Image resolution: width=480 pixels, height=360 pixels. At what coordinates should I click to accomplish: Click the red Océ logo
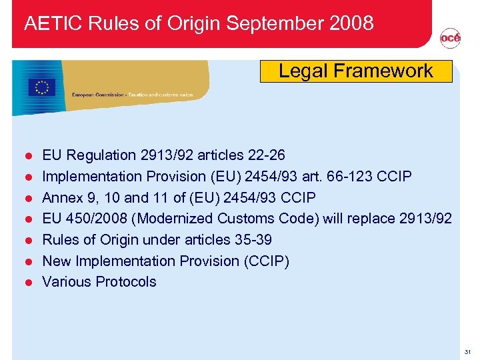[x=450, y=39]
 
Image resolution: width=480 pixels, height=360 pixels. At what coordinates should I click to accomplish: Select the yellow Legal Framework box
[x=356, y=71]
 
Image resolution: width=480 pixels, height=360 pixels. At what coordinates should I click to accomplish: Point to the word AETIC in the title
[x=47, y=24]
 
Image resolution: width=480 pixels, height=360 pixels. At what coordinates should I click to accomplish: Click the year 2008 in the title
[x=351, y=24]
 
